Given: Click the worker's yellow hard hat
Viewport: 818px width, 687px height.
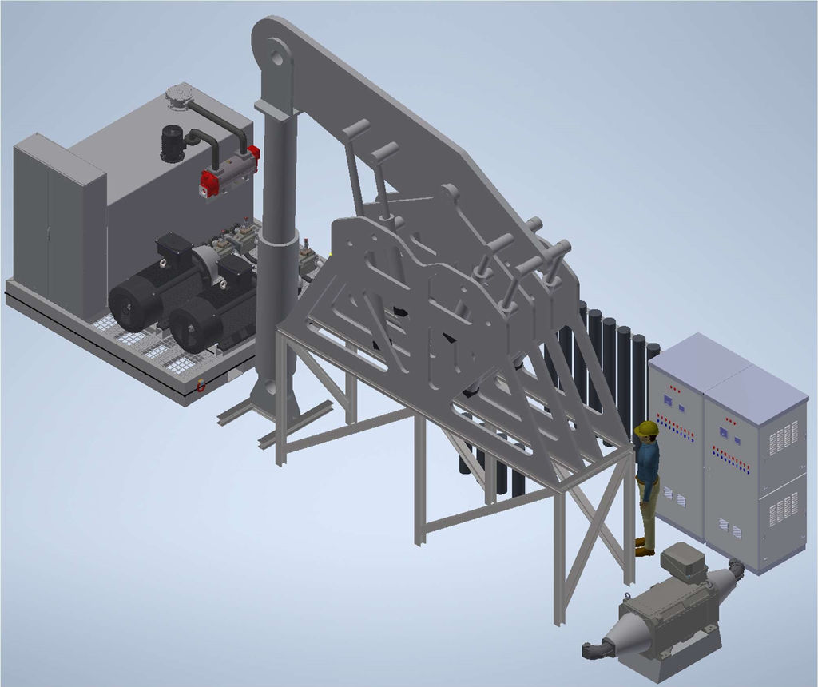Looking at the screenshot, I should click(x=645, y=430).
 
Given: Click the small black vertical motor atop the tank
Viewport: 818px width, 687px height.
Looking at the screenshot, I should click(x=172, y=144).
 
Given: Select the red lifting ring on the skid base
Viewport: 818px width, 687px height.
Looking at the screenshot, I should click(x=201, y=386).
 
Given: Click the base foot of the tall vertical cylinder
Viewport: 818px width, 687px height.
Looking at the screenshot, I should click(x=272, y=399).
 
